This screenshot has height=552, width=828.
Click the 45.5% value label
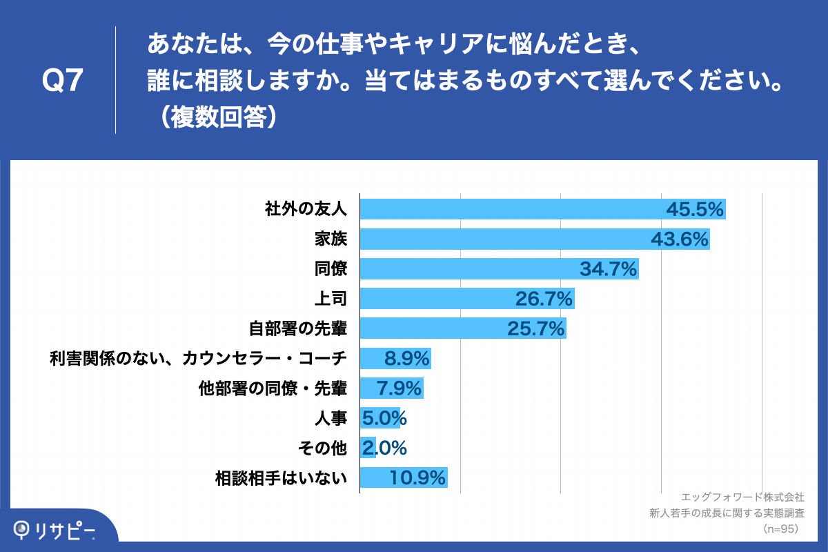click(694, 209)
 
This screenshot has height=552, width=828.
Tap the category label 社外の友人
click(306, 209)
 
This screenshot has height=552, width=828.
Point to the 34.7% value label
click(608, 269)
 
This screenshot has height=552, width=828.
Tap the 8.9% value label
click(407, 358)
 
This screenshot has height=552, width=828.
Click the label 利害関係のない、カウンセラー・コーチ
click(198, 358)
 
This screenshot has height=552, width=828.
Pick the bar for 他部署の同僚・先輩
click(391, 388)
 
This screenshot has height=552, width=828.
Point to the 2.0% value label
click(384, 448)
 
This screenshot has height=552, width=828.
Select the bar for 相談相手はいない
click(404, 477)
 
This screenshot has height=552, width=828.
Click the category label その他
click(322, 448)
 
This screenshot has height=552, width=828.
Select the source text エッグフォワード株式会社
click(742, 497)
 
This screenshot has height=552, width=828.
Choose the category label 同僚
click(330, 269)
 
